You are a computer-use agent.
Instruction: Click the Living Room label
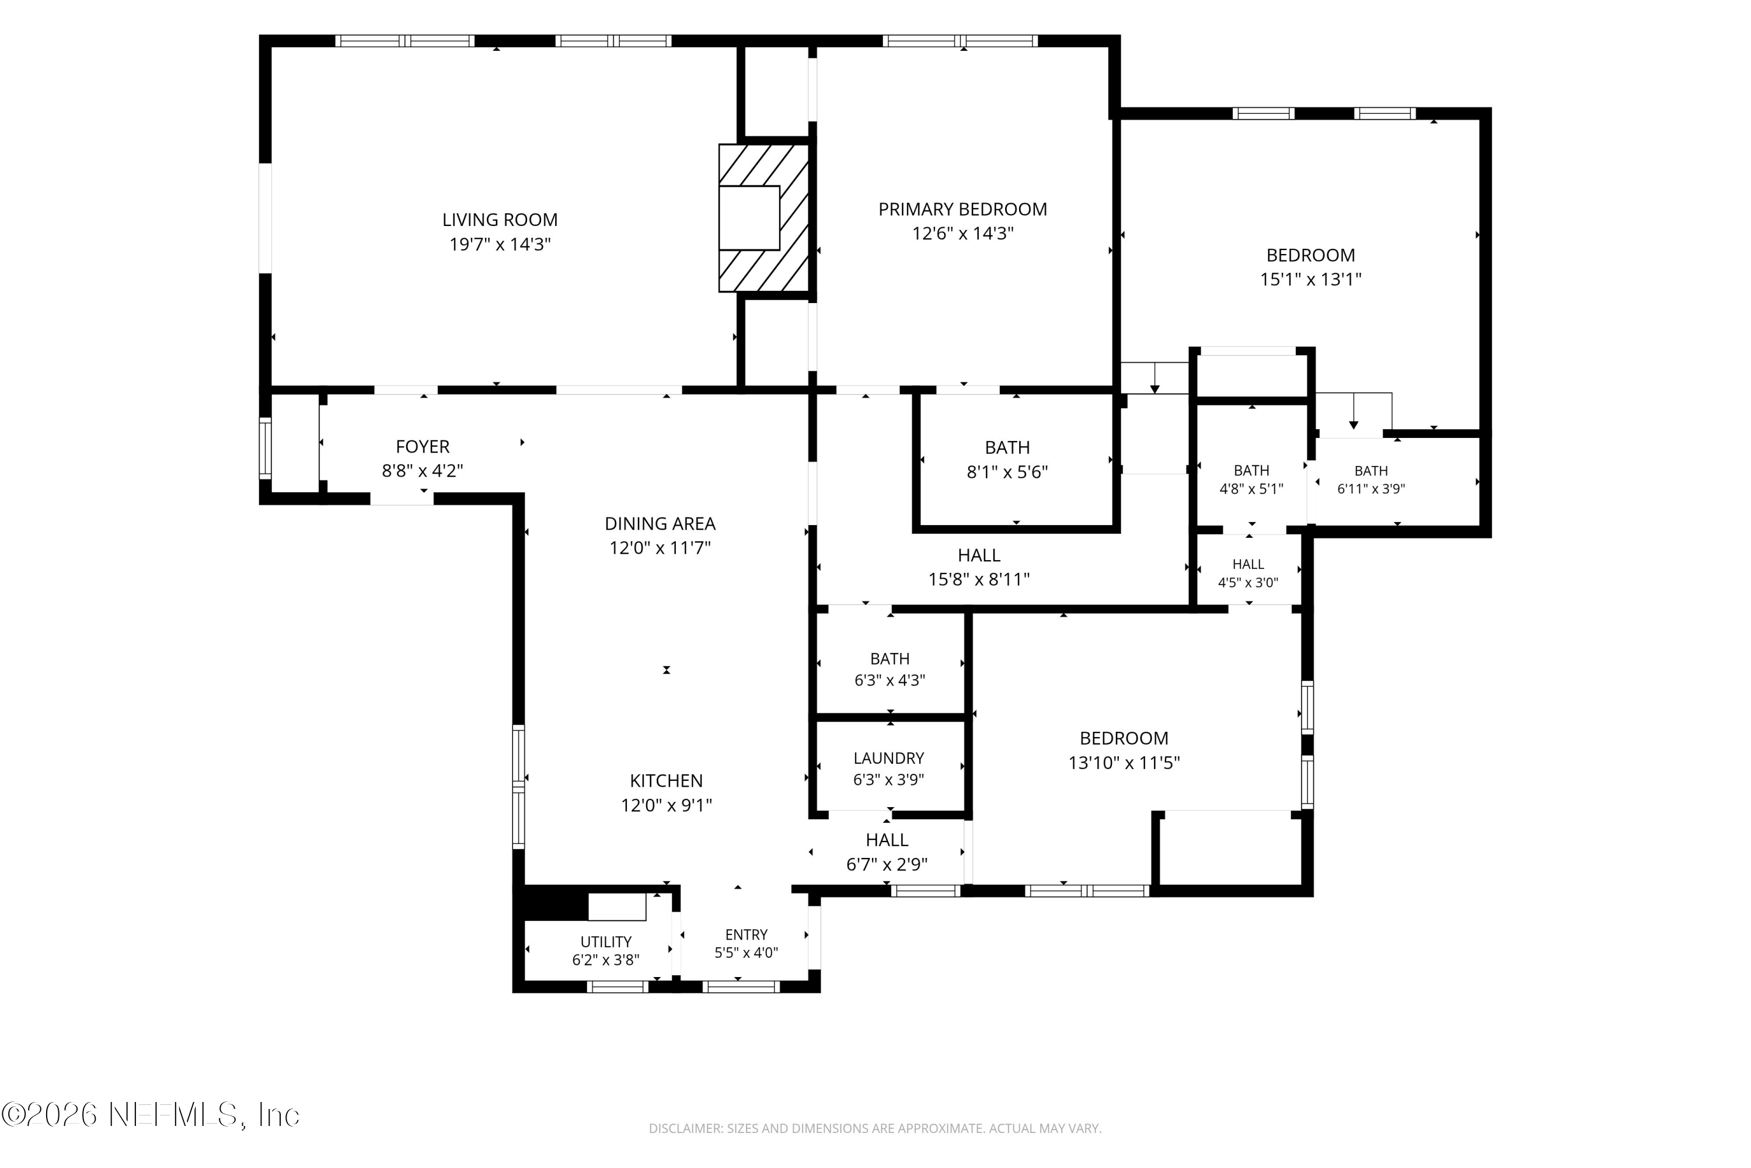[x=500, y=220]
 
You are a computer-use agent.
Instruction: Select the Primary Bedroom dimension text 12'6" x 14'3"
[x=962, y=233]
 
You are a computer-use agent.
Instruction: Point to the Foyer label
[x=422, y=446]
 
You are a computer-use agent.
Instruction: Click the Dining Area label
[x=660, y=524]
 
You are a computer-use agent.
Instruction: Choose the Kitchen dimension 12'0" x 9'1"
[x=667, y=805]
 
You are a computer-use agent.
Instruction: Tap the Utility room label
[x=606, y=941]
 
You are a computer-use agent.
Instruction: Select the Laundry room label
[x=888, y=758]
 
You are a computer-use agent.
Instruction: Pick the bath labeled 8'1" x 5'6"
[x=1007, y=448]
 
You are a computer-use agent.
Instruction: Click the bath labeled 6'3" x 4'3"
[x=890, y=659]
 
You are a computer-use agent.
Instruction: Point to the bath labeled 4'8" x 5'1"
[x=1251, y=471]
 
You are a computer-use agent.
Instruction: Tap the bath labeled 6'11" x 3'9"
[x=1370, y=471]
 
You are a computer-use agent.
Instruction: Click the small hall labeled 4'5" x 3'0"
[x=1248, y=564]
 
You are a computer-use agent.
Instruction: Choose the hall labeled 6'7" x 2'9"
[x=887, y=840]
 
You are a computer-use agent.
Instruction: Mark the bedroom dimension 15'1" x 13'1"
[x=1310, y=279]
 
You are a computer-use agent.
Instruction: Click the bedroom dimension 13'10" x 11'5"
[x=1124, y=763]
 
